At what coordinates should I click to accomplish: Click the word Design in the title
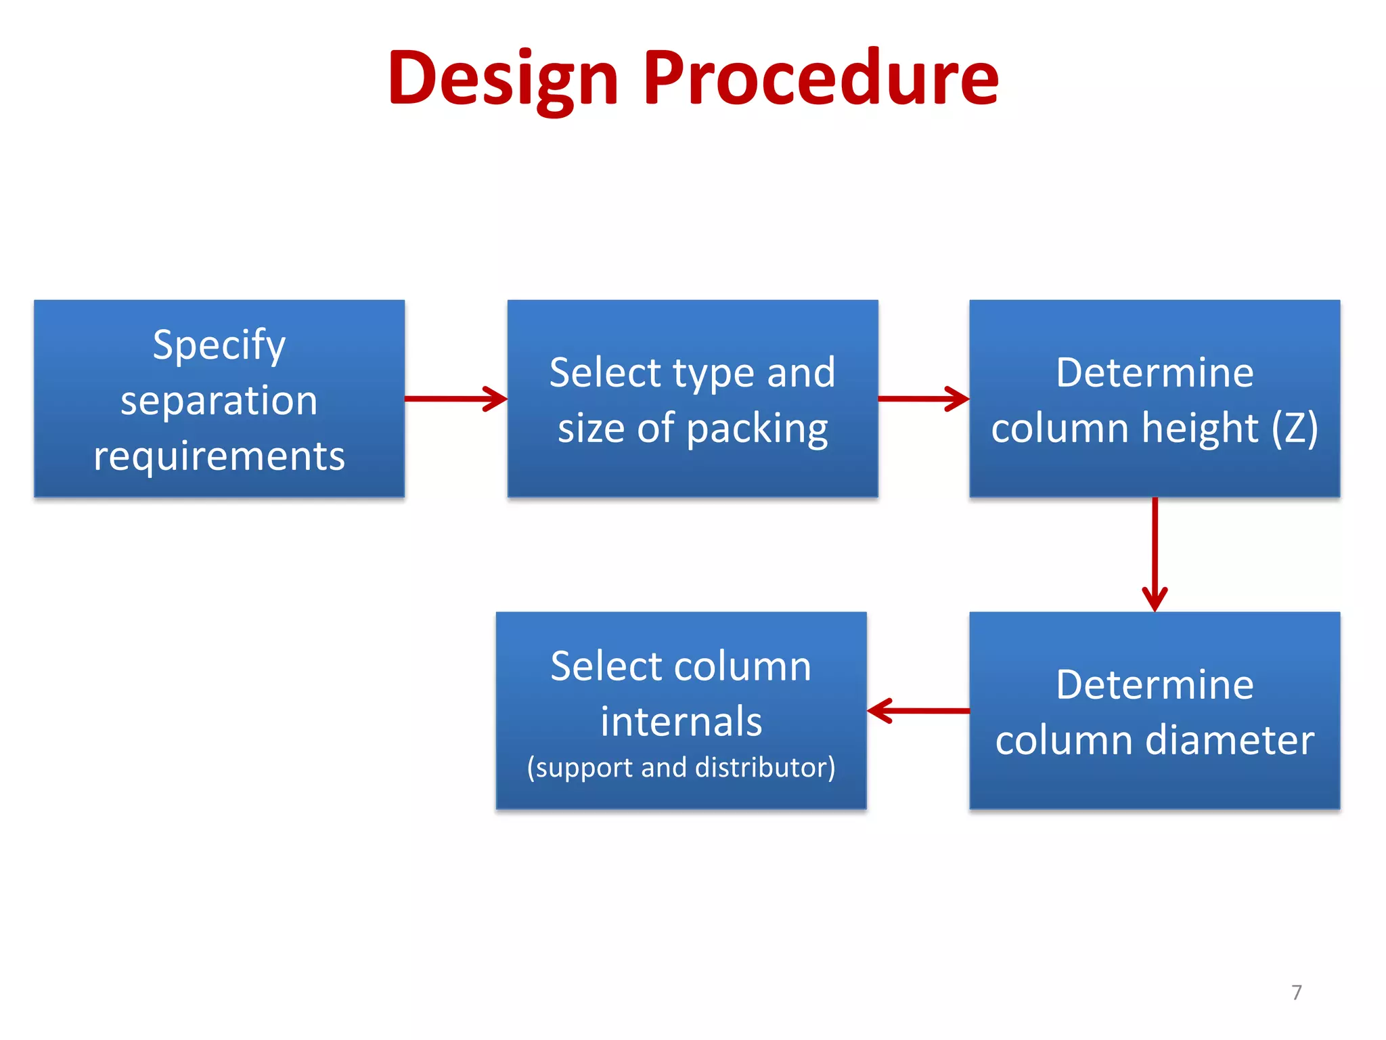(503, 79)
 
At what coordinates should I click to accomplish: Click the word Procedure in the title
(820, 79)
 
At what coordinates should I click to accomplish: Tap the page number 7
(1296, 993)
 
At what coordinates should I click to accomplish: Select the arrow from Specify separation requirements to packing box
(455, 398)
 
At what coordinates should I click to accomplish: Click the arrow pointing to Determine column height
(923, 398)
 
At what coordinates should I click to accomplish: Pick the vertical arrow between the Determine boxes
(1155, 554)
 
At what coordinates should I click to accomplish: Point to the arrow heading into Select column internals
(918, 711)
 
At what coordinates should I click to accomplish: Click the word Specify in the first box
(219, 346)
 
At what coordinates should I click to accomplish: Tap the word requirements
(219, 456)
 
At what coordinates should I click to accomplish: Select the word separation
(219, 401)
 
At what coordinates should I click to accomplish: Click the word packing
(757, 429)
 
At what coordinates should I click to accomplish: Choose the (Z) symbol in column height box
(1294, 428)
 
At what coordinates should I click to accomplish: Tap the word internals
(681, 721)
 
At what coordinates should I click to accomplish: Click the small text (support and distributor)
(681, 768)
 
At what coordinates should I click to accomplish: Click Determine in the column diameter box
(1155, 685)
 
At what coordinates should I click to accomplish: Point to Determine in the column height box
(1155, 372)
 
